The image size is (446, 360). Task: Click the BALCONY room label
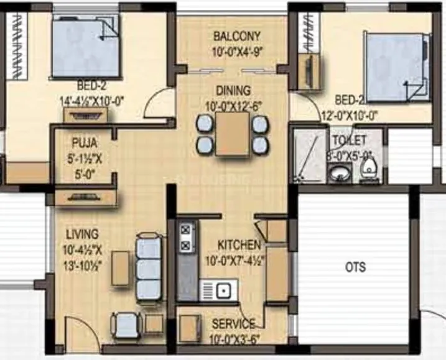(x=237, y=35)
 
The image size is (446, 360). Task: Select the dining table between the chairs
(x=233, y=134)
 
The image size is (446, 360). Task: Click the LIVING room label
(x=81, y=234)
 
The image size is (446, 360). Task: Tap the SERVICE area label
(x=233, y=324)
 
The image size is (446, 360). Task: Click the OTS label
(x=355, y=268)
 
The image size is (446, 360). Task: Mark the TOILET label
(x=349, y=140)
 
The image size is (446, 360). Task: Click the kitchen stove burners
(x=185, y=237)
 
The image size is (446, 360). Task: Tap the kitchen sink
(x=217, y=290)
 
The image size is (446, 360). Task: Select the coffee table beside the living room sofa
(x=120, y=269)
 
